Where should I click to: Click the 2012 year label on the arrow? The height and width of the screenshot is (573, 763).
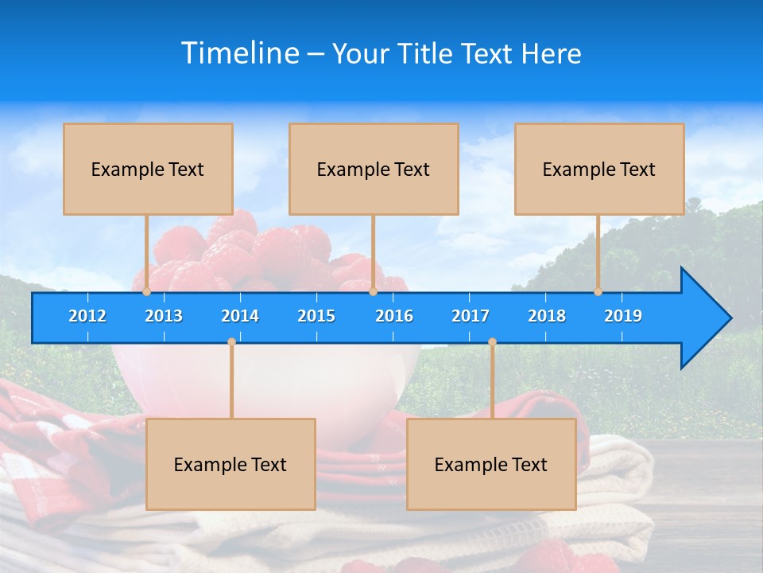tap(87, 316)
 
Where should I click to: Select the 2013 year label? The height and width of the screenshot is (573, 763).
tap(164, 316)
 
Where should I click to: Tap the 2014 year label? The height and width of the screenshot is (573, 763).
tap(240, 316)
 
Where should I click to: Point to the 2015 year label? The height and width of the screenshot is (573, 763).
tap(316, 316)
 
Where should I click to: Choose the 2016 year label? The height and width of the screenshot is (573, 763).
tap(394, 316)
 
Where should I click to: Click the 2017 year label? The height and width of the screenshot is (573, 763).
tap(471, 316)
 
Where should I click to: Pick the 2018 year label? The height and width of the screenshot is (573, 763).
tap(547, 316)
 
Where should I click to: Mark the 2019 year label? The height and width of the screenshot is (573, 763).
tap(623, 316)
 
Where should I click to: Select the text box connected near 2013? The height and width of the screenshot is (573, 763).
tap(148, 169)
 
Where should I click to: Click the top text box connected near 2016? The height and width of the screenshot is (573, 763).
tap(374, 169)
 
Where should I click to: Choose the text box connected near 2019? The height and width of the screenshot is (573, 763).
tap(599, 169)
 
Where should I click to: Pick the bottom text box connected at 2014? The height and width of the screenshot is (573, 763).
tap(230, 464)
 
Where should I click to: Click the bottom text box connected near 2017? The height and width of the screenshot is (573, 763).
tap(491, 464)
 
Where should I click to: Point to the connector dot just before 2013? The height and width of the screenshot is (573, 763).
tap(147, 291)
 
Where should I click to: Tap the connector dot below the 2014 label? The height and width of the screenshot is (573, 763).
tap(231, 342)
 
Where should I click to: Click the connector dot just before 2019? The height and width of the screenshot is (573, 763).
tap(598, 291)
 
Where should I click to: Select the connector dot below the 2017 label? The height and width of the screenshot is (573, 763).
tap(492, 342)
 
